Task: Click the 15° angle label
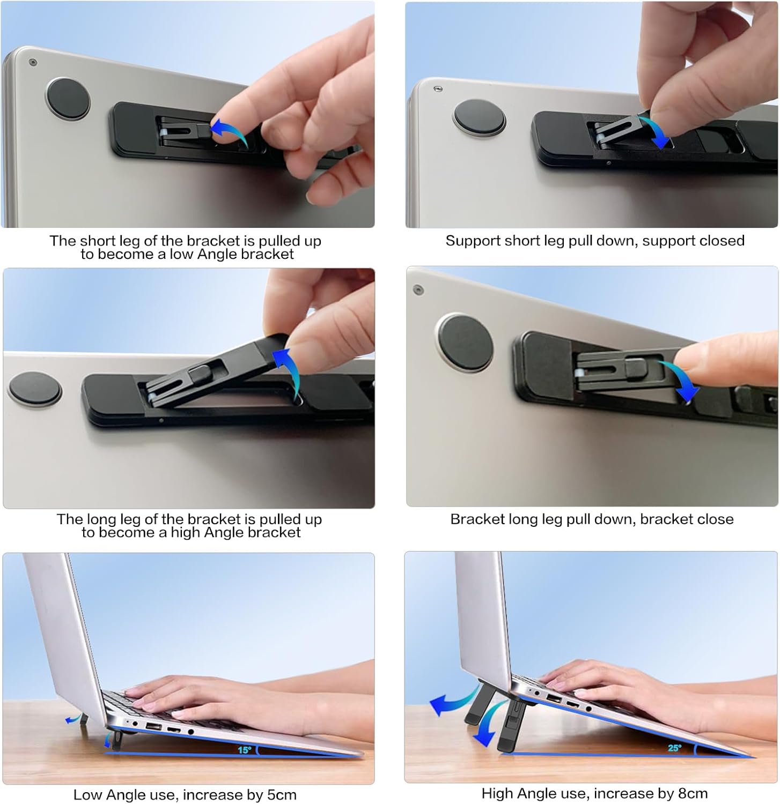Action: point(244,750)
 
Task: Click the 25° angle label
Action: point(674,748)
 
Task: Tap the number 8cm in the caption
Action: point(692,793)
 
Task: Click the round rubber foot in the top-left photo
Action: point(68,99)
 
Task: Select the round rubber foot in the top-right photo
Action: point(479,117)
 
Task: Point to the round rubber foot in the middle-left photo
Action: point(34,389)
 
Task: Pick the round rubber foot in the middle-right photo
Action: point(465,343)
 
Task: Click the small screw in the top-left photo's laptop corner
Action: point(33,63)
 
